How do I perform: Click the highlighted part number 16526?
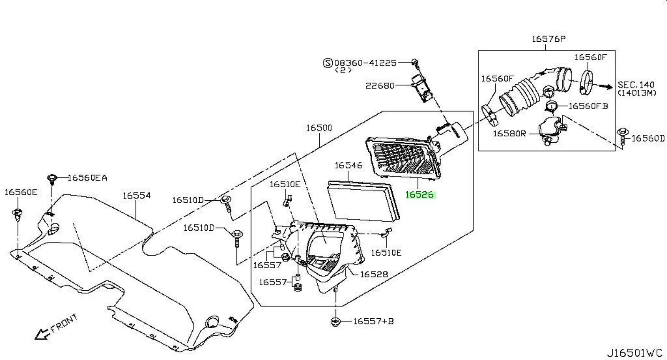(420, 195)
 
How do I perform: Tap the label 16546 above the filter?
(349, 166)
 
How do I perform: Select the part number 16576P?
(549, 39)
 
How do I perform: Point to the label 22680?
(380, 86)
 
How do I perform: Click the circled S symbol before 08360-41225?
(328, 63)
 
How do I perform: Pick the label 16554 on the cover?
(137, 196)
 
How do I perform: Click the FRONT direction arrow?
(42, 333)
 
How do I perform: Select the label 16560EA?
(87, 178)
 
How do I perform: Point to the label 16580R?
(509, 133)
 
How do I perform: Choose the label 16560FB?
(588, 106)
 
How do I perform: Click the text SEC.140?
(636, 85)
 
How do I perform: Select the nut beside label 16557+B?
(335, 322)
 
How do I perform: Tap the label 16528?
(374, 274)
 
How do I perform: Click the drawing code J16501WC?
(634, 353)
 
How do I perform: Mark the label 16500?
(319, 128)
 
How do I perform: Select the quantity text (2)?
(343, 70)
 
